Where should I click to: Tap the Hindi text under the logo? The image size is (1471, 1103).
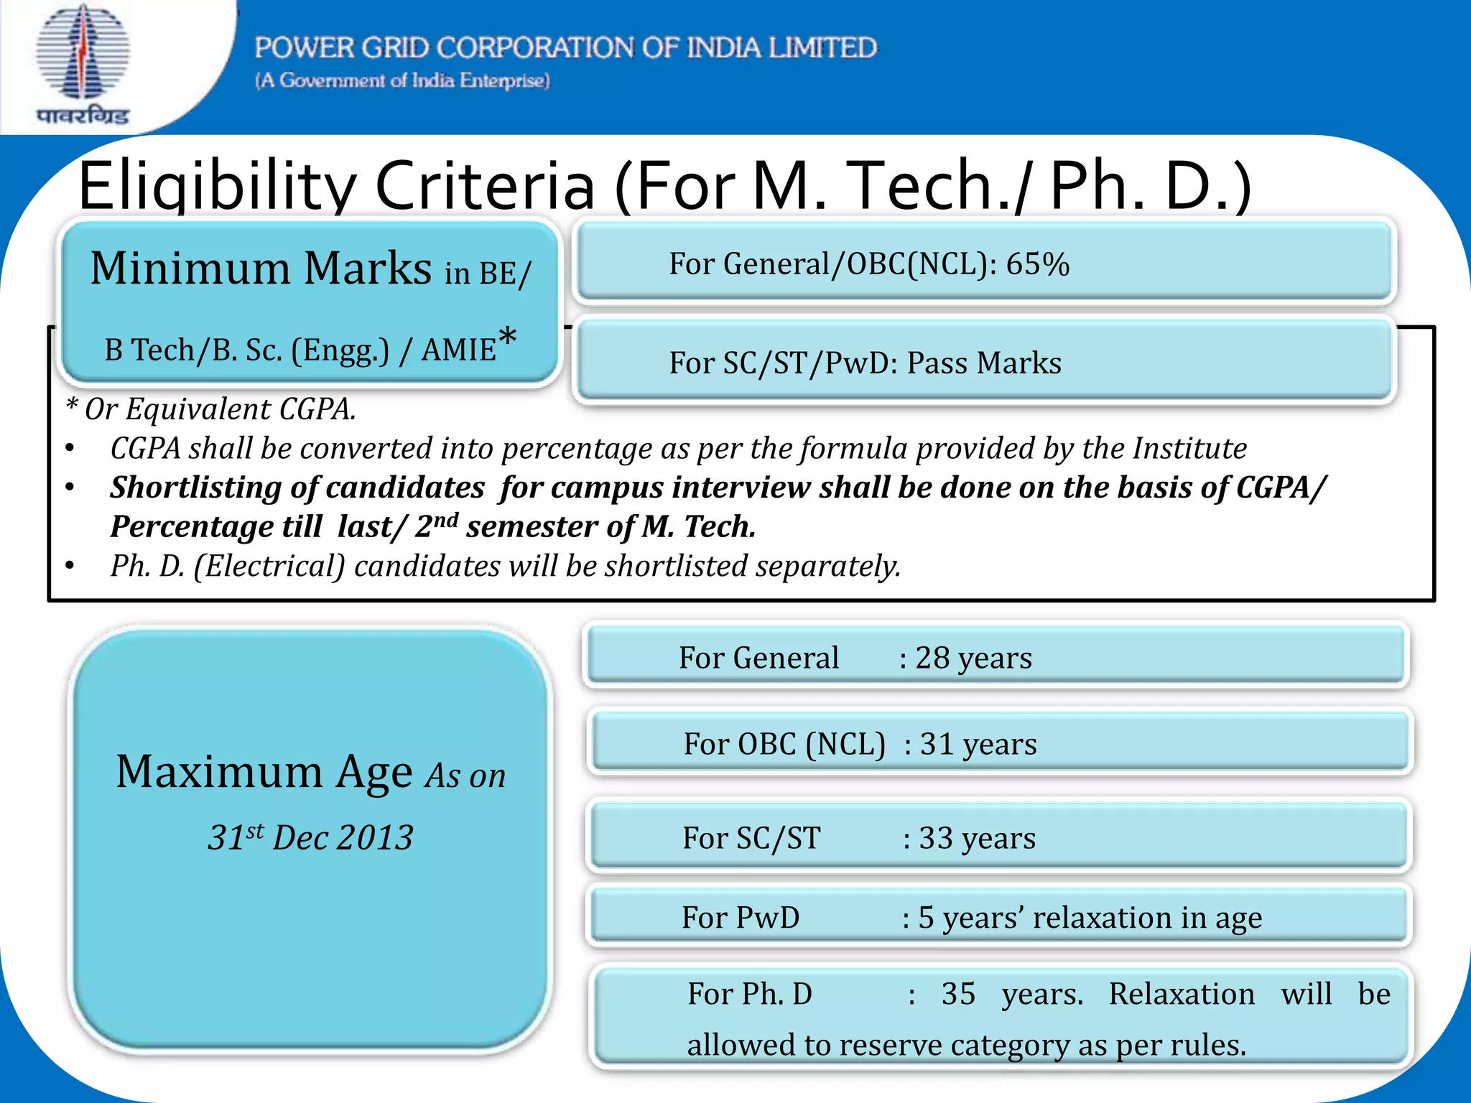[83, 115]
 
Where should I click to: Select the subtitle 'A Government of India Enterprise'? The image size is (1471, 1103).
[402, 80]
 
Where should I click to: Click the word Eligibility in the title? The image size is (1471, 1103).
[215, 185]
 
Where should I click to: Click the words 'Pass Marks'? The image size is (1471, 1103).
[983, 363]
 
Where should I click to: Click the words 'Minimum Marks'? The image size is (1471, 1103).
[260, 269]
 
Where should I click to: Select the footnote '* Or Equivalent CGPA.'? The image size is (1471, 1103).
[210, 409]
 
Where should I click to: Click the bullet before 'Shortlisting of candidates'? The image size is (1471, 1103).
[70, 488]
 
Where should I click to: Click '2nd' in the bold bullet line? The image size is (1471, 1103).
[437, 526]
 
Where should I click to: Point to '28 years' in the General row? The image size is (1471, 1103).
[973, 658]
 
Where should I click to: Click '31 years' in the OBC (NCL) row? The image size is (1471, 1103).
[978, 744]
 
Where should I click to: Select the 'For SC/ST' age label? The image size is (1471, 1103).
[751, 838]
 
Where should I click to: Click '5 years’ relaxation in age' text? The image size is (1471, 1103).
[1090, 918]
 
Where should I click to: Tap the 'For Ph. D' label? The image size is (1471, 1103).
[749, 994]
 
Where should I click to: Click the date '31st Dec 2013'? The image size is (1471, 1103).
[310, 837]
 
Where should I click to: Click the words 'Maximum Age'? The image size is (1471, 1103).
[264, 772]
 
